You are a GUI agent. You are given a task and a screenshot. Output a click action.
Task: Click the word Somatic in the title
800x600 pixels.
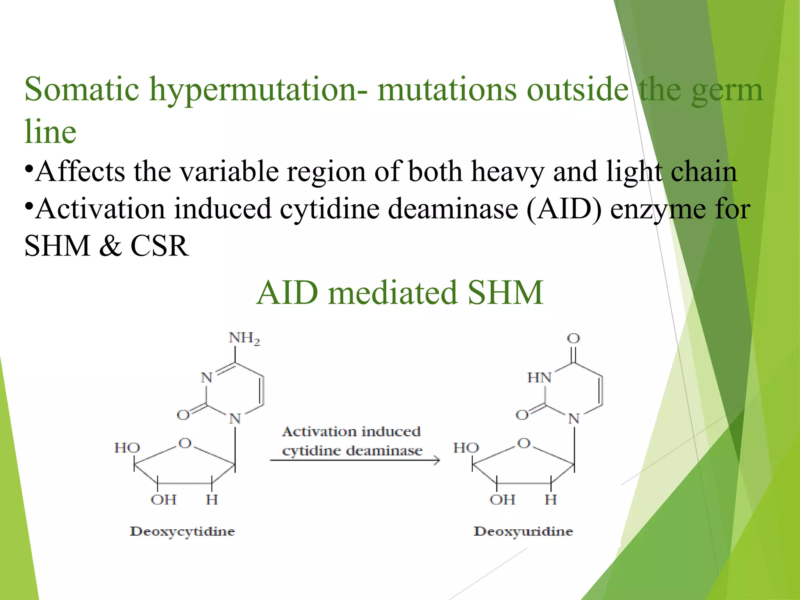pyautogui.click(x=82, y=89)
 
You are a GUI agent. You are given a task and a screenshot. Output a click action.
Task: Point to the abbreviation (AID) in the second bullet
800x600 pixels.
pyautogui.click(x=564, y=209)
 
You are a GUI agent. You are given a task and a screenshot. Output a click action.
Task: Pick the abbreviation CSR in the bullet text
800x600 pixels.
pyautogui.click(x=159, y=246)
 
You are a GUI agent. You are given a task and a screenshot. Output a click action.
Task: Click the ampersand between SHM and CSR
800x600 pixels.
pyautogui.click(x=110, y=246)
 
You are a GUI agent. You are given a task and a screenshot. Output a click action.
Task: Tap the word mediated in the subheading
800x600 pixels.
pyautogui.click(x=393, y=293)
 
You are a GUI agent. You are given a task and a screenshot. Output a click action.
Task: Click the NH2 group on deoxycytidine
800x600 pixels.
pyautogui.click(x=244, y=339)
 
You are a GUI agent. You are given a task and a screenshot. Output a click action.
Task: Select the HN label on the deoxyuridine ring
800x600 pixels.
pyautogui.click(x=539, y=378)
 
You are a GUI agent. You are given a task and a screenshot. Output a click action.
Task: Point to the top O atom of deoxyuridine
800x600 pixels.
pyautogui.click(x=573, y=338)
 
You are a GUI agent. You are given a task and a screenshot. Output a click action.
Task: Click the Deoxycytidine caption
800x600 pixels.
pyautogui.click(x=182, y=532)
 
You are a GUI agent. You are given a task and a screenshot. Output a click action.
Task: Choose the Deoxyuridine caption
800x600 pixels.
pyautogui.click(x=523, y=532)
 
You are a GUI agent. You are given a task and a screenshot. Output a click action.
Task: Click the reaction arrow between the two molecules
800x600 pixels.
pyautogui.click(x=354, y=461)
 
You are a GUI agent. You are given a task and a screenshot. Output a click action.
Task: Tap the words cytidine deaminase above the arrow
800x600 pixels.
pyautogui.click(x=352, y=451)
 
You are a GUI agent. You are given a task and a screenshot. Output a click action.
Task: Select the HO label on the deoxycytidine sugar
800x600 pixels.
pyautogui.click(x=127, y=448)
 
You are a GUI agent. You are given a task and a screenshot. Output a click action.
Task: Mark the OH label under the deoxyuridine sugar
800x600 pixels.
pyautogui.click(x=502, y=500)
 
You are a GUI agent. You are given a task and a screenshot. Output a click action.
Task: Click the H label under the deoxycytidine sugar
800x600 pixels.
pyautogui.click(x=212, y=500)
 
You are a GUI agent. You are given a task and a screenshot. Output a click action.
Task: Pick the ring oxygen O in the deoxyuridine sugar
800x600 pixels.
pyautogui.click(x=523, y=443)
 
